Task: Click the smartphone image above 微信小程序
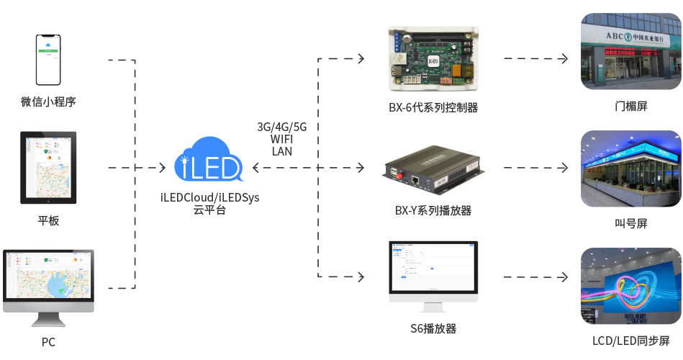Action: pos(48,60)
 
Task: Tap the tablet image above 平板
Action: pos(48,167)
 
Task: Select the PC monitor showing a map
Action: pos(48,281)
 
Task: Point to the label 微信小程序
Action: pos(48,102)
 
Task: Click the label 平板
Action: pos(48,220)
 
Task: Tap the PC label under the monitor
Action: pos(48,342)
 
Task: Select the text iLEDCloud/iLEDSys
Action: pos(209,197)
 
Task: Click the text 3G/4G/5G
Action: pos(282,127)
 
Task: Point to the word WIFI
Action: pos(282,139)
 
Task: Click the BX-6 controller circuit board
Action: pos(433,60)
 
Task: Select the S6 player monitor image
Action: pos(433,276)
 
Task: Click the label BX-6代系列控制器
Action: pos(433,108)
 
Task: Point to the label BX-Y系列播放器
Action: pos(433,211)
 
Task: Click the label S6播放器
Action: pos(433,329)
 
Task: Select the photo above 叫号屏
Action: pos(630,168)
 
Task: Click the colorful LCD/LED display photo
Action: pos(630,285)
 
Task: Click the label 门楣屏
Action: pos(631,107)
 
